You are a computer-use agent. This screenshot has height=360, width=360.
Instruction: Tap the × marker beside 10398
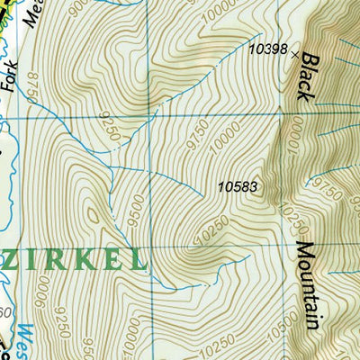294,55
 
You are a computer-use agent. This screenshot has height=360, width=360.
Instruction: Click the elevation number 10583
238,187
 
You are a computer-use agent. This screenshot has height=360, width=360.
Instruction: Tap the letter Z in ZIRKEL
13,260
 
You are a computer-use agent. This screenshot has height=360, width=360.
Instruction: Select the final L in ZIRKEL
137,260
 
